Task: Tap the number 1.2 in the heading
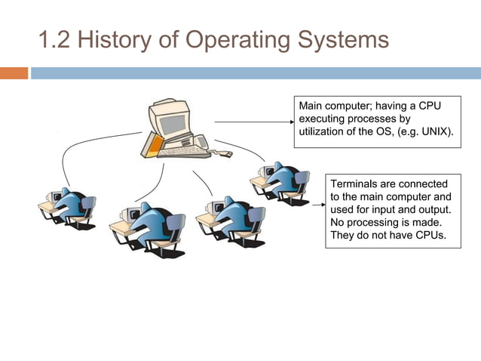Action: click(55, 39)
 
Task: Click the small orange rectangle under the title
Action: click(14, 73)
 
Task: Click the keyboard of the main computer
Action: click(185, 152)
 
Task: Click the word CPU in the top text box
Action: click(428, 106)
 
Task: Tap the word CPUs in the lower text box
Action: click(429, 235)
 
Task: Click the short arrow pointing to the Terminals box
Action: click(317, 184)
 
